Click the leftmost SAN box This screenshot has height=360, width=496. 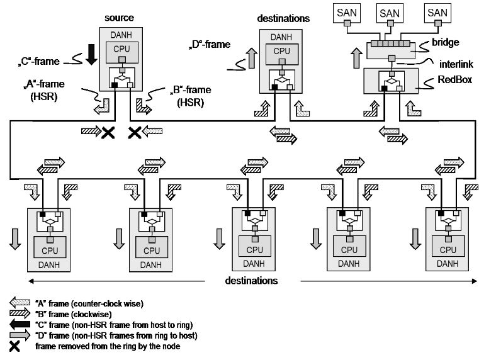[x=347, y=13]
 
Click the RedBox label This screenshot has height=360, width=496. [x=454, y=80]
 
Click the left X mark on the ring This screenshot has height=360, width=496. [x=108, y=132]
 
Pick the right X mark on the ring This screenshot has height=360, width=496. [x=134, y=132]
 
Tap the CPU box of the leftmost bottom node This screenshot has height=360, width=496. [x=49, y=250]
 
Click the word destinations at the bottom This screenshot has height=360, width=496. [x=251, y=280]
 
